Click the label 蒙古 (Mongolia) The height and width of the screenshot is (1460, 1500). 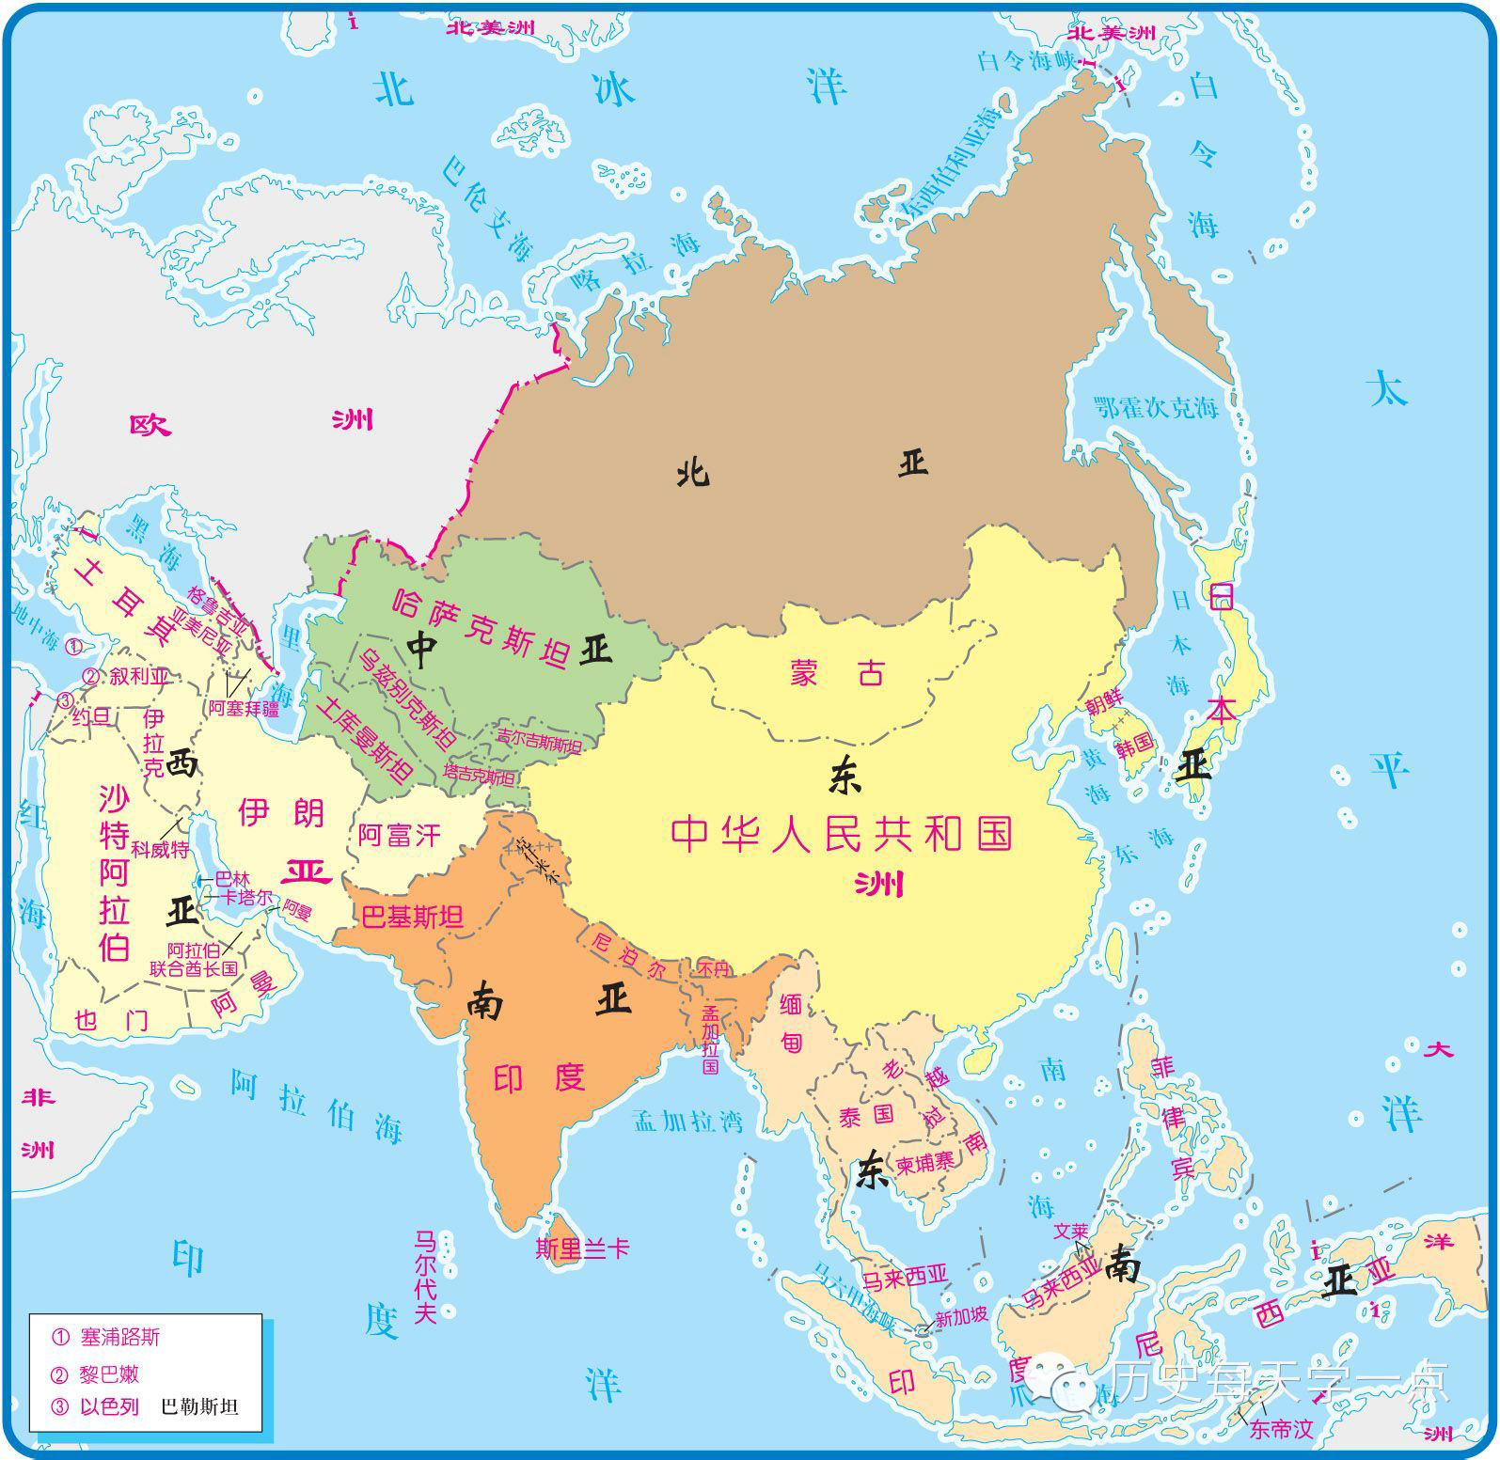click(x=837, y=673)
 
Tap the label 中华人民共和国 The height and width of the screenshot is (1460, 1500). click(x=842, y=833)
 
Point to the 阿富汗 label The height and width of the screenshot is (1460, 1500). click(x=399, y=835)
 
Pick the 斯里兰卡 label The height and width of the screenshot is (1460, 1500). click(x=581, y=1248)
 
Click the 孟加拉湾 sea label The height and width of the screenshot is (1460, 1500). click(x=687, y=1121)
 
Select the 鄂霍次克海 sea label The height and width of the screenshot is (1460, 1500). click(x=1156, y=408)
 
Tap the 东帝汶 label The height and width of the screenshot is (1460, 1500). click(x=1280, y=1429)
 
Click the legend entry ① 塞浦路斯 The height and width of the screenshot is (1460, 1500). click(x=107, y=1336)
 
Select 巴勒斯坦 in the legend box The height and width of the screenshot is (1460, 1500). click(x=199, y=1407)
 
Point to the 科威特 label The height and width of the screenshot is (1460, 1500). click(x=160, y=849)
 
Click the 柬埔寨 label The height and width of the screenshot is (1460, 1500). click(x=924, y=1162)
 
